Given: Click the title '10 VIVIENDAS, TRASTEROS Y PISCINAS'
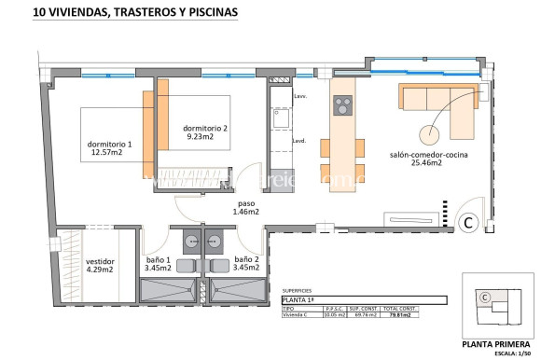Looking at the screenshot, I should click(x=135, y=13).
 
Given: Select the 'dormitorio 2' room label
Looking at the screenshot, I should click(x=205, y=128).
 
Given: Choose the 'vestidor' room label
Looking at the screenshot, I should click(x=100, y=262).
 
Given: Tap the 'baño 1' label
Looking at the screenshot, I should click(x=158, y=259).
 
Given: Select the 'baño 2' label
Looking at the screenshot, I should click(x=246, y=259).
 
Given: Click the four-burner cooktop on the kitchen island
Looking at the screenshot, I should click(x=342, y=105).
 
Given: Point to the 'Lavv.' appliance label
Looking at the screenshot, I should click(x=300, y=97).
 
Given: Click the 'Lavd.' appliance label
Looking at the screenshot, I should click(x=300, y=141).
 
